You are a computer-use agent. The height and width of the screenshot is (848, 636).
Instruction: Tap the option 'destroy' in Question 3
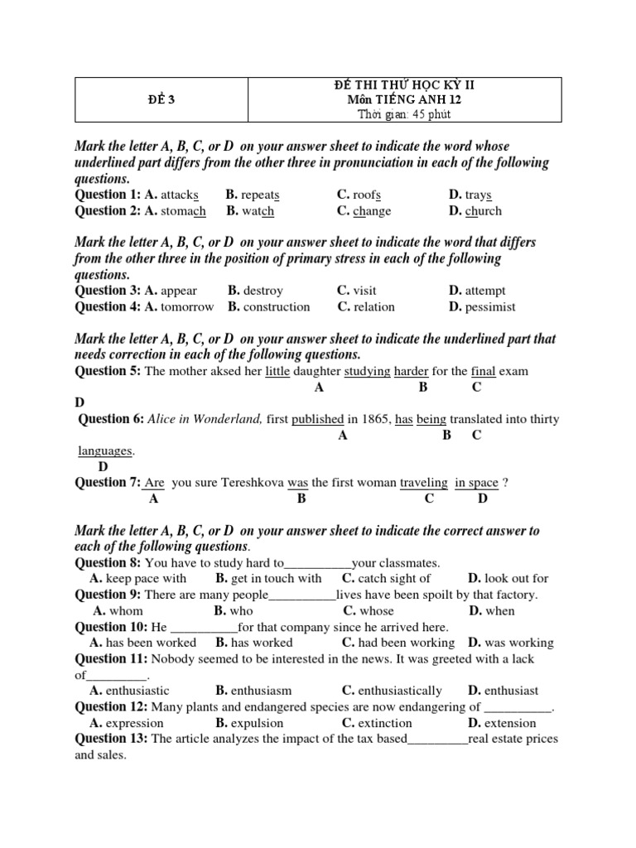coord(263,291)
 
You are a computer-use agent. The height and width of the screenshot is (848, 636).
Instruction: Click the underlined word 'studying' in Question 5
coord(367,371)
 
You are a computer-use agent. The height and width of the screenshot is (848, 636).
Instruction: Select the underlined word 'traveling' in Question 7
coord(423,483)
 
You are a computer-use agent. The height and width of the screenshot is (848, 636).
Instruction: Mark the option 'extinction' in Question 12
coord(385,722)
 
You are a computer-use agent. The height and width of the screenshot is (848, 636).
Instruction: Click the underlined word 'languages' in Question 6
coord(105,450)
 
